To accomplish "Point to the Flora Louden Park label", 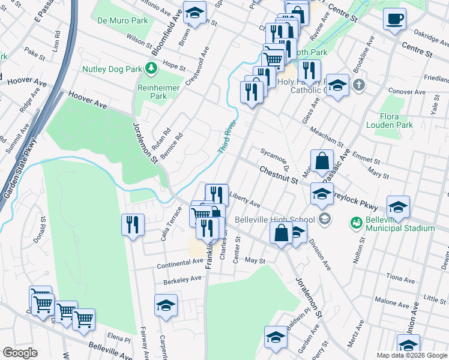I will click(388, 120).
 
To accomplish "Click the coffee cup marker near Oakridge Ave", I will click(394, 19).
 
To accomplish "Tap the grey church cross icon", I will click(359, 84).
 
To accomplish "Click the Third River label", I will click(227, 138).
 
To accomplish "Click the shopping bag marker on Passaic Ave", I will click(322, 161).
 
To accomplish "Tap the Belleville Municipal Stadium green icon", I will click(355, 223).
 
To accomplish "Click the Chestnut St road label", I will click(279, 175).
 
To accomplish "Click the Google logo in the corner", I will click(20, 353).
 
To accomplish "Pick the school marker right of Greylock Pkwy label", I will click(398, 207).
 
